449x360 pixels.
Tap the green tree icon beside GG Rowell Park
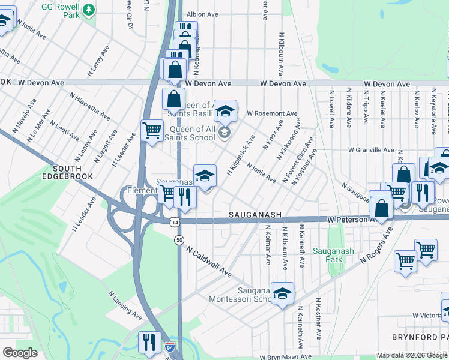(89, 10)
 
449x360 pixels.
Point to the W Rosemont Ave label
(273, 113)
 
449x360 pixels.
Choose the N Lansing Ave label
(125, 305)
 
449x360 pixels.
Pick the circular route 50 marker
(179, 240)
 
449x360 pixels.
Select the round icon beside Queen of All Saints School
(224, 132)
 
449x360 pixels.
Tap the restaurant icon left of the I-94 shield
(149, 342)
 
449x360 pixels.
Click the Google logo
(20, 353)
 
